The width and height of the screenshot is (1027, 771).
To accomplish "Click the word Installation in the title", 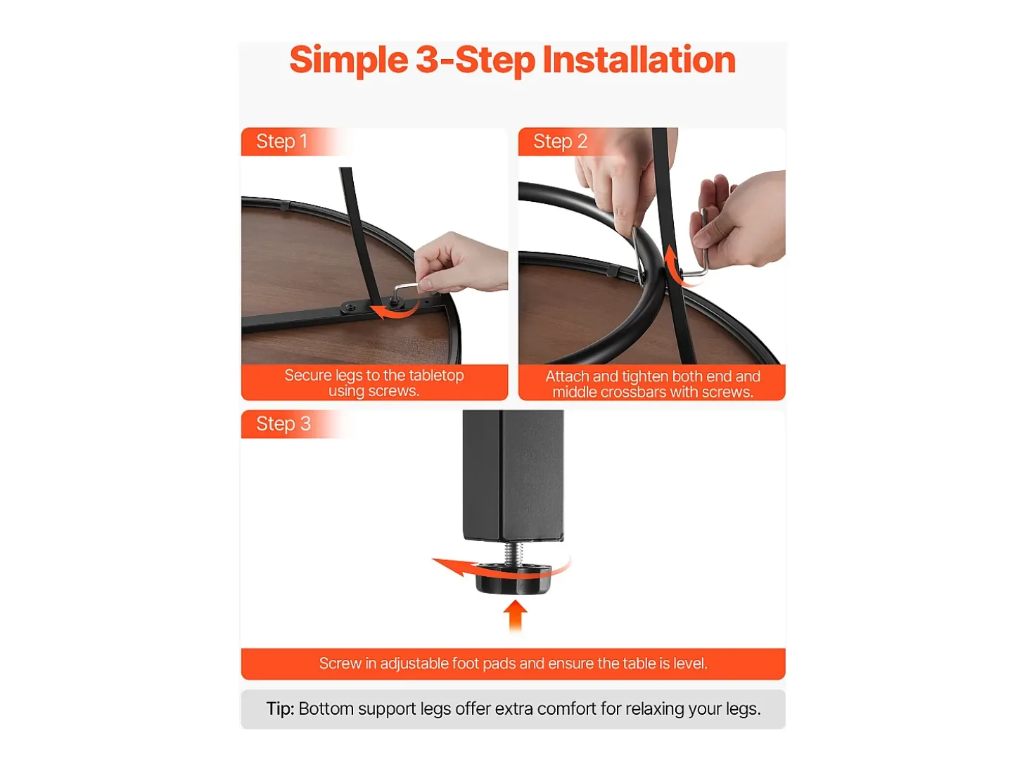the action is pyautogui.click(x=639, y=60).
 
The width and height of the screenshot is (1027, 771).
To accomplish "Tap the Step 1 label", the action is pyautogui.click(x=281, y=141).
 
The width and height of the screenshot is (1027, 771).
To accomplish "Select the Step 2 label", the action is pyautogui.click(x=560, y=141).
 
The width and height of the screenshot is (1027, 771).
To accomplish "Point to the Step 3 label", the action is pyautogui.click(x=283, y=424).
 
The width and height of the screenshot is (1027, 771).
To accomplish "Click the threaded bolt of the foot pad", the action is pyautogui.click(x=514, y=554).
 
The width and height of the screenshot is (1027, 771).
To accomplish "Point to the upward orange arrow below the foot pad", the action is pyautogui.click(x=515, y=616).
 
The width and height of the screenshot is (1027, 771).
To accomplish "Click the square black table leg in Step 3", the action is pyautogui.click(x=513, y=476).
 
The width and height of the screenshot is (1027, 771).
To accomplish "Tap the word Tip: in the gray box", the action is pyautogui.click(x=280, y=709).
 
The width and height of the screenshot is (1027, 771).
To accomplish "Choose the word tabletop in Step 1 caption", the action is pyautogui.click(x=437, y=375).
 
